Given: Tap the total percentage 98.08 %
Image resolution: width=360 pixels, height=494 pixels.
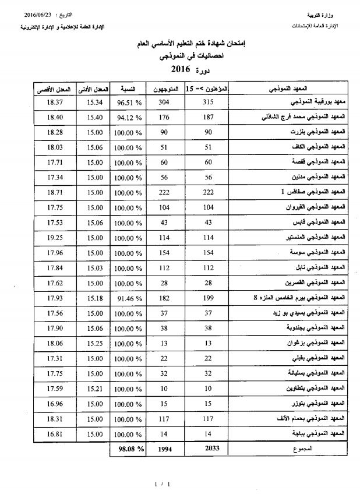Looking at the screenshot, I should (x=128, y=449).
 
